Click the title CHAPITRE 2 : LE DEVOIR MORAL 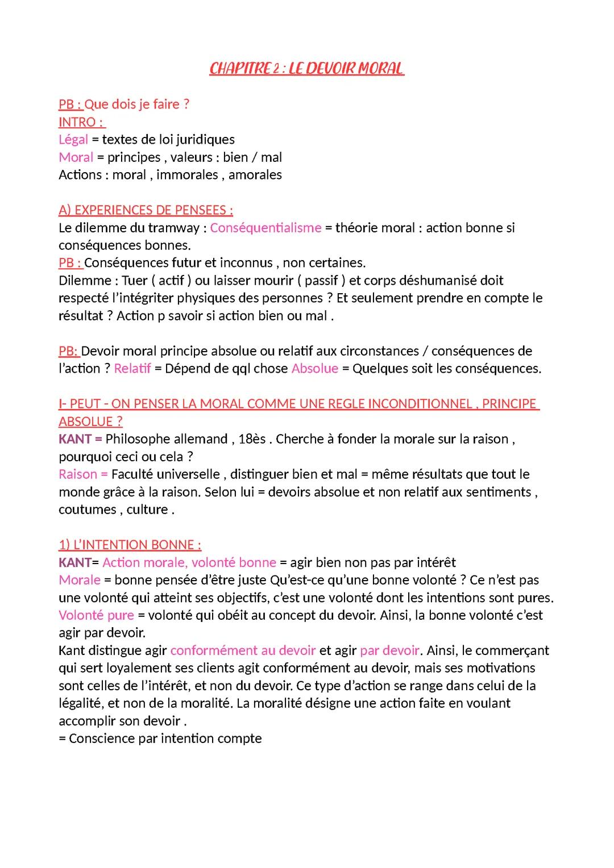pyautogui.click(x=306, y=69)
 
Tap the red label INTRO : pyautogui.click(x=81, y=122)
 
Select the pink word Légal pyautogui.click(x=73, y=140)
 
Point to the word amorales pyautogui.click(x=255, y=175)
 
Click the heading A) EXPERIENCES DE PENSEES pyautogui.click(x=146, y=210)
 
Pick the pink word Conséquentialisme pyautogui.click(x=265, y=228)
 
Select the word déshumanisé pyautogui.click(x=435, y=281)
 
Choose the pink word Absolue pyautogui.click(x=315, y=369)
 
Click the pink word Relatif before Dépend pyautogui.click(x=132, y=369)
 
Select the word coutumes pyautogui.click(x=87, y=510)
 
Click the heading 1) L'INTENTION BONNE pyautogui.click(x=130, y=545)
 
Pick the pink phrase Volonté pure pyautogui.click(x=96, y=615)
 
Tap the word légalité pyautogui.click(x=81, y=703)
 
